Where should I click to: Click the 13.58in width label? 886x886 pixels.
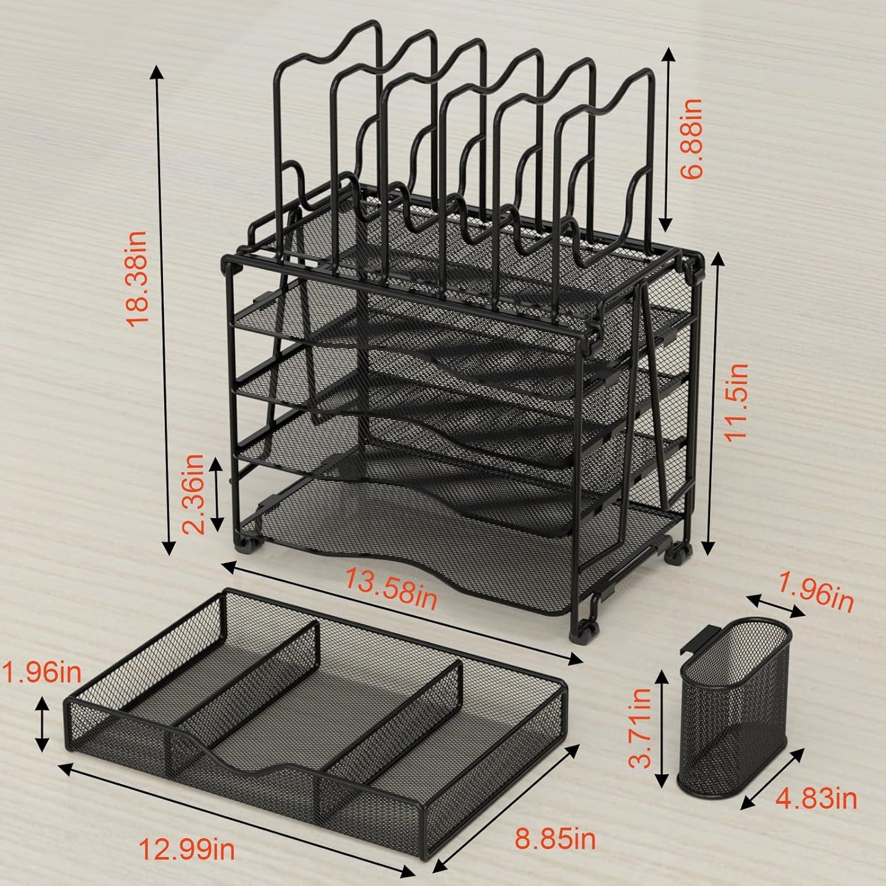pos(391,589)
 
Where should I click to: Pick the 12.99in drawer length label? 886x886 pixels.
pos(186,850)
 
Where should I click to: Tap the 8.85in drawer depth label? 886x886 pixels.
pos(555,839)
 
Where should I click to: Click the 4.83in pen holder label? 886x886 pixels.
pos(816,798)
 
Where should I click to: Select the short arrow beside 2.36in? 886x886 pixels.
pos(216,494)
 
